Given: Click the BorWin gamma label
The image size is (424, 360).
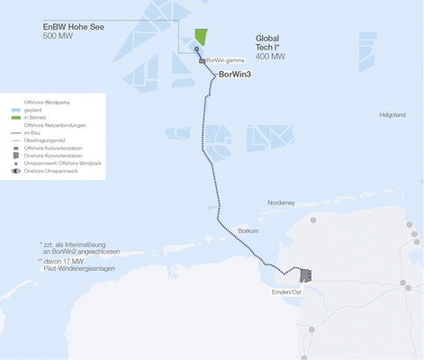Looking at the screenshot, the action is click(x=227, y=60).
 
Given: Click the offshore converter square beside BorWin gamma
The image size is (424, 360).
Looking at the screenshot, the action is click(x=202, y=61).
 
